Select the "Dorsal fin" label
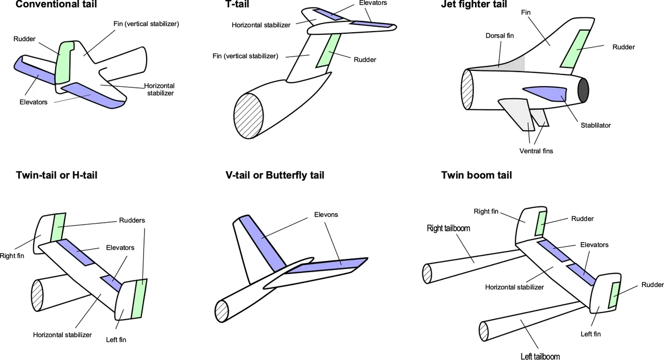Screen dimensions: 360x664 [500, 36]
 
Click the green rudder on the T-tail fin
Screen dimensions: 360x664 [327, 51]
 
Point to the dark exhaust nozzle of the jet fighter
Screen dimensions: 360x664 [583, 90]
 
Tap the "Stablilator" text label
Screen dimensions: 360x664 [595, 125]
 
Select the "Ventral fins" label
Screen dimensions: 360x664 [536, 151]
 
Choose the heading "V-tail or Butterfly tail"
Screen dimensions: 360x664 [274, 175]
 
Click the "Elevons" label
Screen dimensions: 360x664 [326, 214]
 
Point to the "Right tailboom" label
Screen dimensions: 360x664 [448, 228]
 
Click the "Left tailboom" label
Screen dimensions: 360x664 [540, 356]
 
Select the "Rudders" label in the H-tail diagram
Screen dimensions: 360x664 [132, 221]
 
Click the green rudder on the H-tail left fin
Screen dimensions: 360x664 [138, 299]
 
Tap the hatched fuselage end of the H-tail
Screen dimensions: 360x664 [37, 296]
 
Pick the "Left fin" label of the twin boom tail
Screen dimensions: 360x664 [590, 334]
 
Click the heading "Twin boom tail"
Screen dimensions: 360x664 [476, 175]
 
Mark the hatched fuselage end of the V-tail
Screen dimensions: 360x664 [221, 311]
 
